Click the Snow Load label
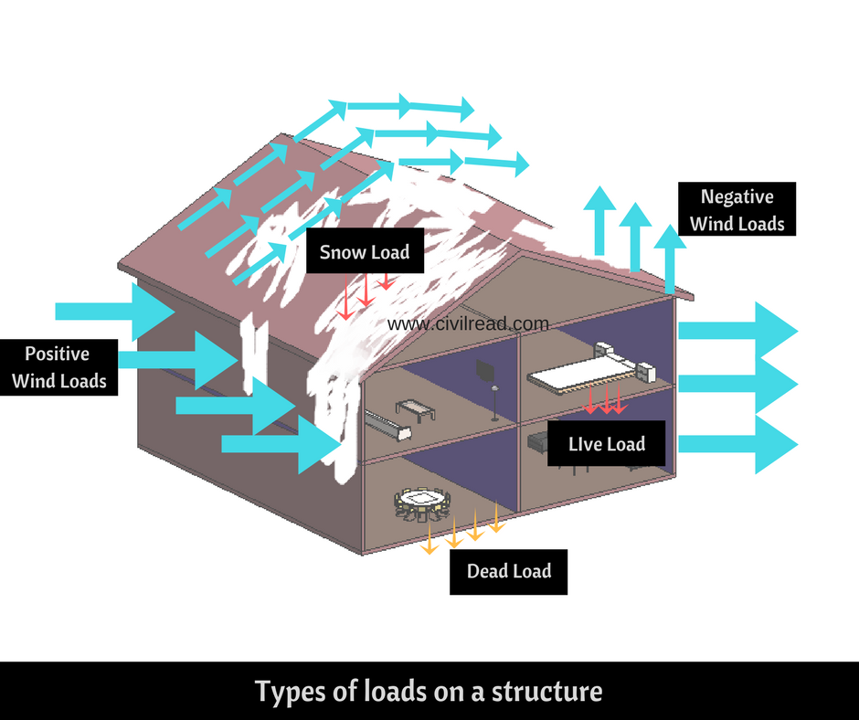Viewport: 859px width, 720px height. click(365, 252)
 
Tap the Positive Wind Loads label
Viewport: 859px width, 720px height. click(58, 367)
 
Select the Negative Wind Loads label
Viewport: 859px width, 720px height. click(737, 209)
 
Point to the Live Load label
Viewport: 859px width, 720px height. click(607, 444)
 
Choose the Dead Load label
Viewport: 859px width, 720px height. click(509, 572)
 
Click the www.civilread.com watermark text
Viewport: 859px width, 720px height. click(468, 323)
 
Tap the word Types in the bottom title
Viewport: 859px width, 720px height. click(291, 691)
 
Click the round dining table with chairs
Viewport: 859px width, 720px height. click(422, 501)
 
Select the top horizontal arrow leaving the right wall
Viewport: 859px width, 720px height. click(737, 330)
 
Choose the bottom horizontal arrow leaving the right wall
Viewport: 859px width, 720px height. click(737, 444)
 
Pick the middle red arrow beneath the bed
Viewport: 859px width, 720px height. click(605, 400)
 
